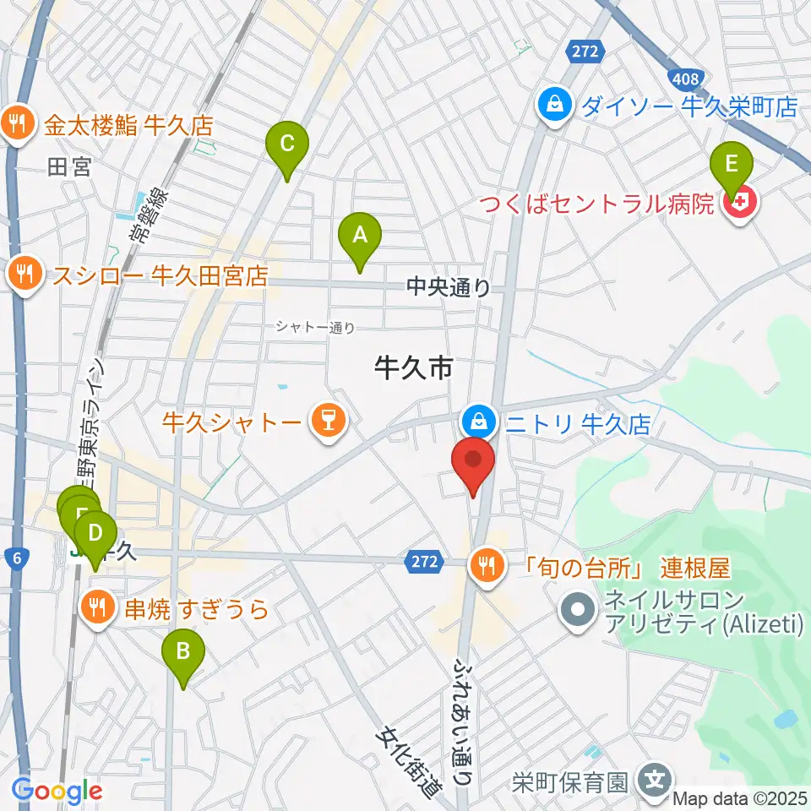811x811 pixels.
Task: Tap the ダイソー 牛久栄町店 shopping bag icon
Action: pos(555,106)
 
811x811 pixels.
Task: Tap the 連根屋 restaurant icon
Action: pos(486,563)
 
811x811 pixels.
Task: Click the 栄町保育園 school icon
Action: pos(656,778)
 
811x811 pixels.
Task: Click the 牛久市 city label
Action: pos(415,367)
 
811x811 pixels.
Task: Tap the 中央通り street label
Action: pos(448,288)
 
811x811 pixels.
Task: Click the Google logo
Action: pos(57,791)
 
